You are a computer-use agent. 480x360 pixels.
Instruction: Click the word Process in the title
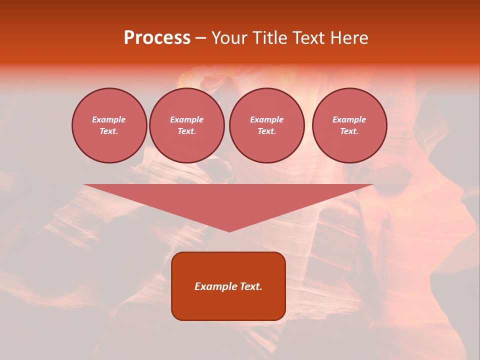pos(157,38)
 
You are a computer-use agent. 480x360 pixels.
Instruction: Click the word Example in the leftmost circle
pos(109,119)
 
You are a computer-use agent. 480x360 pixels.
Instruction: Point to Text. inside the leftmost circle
pos(109,131)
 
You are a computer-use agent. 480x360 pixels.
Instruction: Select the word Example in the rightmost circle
pos(349,119)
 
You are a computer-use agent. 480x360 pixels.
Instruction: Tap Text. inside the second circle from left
pos(186,131)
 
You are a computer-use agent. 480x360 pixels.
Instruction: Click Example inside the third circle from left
pos(266,119)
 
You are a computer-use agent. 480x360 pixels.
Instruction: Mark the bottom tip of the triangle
pos(229,231)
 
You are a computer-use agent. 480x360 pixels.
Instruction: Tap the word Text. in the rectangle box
pos(250,286)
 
